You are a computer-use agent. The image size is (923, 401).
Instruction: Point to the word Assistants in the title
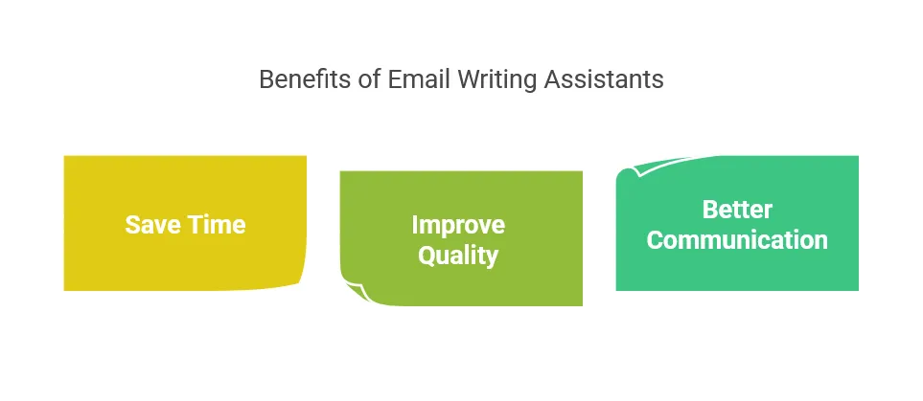pos(604,79)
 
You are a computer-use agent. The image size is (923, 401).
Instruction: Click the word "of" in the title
pos(370,79)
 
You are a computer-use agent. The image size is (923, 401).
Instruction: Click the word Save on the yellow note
pos(152,225)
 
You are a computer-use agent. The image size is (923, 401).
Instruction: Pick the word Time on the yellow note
pos(216,225)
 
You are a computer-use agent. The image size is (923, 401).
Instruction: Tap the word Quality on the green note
pos(458,256)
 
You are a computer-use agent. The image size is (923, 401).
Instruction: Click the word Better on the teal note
pos(737,210)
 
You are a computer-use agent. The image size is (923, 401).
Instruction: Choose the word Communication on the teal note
pos(737,240)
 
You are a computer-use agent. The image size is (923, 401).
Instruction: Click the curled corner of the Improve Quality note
pos(357,290)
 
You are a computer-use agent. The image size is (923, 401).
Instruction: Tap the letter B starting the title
pos(266,79)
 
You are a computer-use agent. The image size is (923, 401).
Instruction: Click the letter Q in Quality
pos(426,256)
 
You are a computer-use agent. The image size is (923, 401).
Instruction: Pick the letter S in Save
pos(132,225)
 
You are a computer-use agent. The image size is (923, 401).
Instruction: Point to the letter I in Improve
pos(414,225)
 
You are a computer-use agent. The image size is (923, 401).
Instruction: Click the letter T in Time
pos(195,225)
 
